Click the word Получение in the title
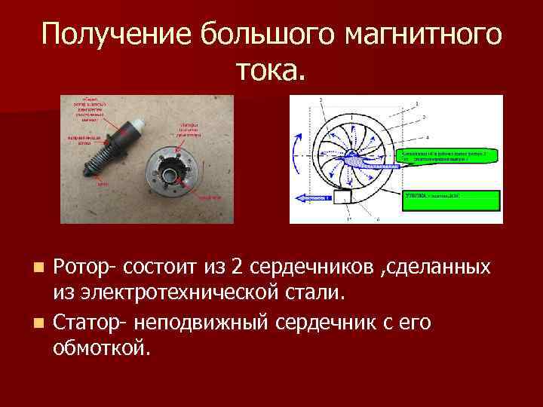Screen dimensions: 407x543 pyautogui.click(x=109, y=35)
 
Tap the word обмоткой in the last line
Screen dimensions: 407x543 pyautogui.click(x=102, y=348)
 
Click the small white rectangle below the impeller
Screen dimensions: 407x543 pyautogui.click(x=343, y=199)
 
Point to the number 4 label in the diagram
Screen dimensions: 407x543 pyautogui.click(x=428, y=138)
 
